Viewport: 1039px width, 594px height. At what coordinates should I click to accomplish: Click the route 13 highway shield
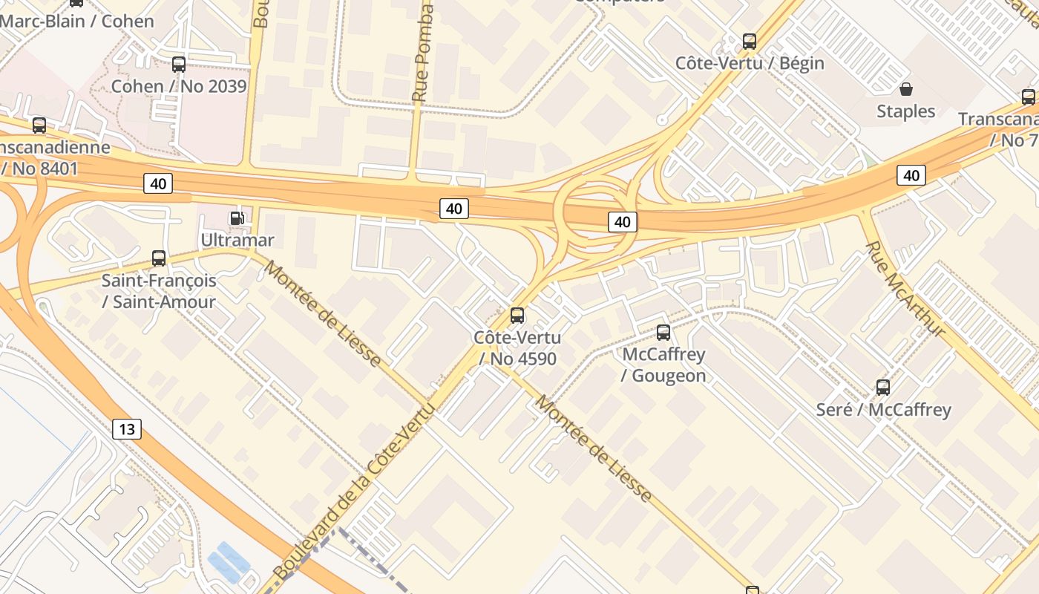click(127, 428)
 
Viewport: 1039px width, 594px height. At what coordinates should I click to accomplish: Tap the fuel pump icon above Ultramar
click(237, 218)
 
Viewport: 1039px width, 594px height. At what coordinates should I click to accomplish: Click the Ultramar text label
click(237, 240)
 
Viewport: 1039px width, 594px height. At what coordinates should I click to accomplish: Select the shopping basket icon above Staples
click(905, 90)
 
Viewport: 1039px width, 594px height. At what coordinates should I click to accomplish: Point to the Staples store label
click(905, 111)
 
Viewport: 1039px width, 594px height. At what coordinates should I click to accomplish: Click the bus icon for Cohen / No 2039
click(178, 65)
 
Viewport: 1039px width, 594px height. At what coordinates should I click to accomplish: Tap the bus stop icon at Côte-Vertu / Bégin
click(750, 42)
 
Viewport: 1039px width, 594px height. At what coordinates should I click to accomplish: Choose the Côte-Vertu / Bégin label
click(750, 63)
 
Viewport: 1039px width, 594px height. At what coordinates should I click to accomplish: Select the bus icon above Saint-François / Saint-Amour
click(159, 258)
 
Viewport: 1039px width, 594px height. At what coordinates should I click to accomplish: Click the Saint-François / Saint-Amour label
click(159, 291)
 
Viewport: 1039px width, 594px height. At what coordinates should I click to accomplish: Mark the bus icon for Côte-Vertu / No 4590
click(517, 316)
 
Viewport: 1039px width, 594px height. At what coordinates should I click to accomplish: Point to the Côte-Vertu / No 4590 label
click(517, 348)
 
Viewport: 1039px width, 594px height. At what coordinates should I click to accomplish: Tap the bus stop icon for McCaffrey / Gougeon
click(663, 333)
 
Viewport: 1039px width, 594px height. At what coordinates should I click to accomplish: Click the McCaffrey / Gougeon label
click(663, 365)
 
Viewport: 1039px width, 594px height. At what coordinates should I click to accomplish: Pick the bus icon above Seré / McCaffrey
click(883, 388)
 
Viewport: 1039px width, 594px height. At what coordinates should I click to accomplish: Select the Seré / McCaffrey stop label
click(883, 409)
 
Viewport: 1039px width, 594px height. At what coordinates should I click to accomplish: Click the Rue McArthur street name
click(905, 290)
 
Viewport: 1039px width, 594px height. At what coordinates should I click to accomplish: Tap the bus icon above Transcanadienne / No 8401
click(39, 125)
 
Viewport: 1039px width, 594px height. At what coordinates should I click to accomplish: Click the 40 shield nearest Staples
click(911, 175)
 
